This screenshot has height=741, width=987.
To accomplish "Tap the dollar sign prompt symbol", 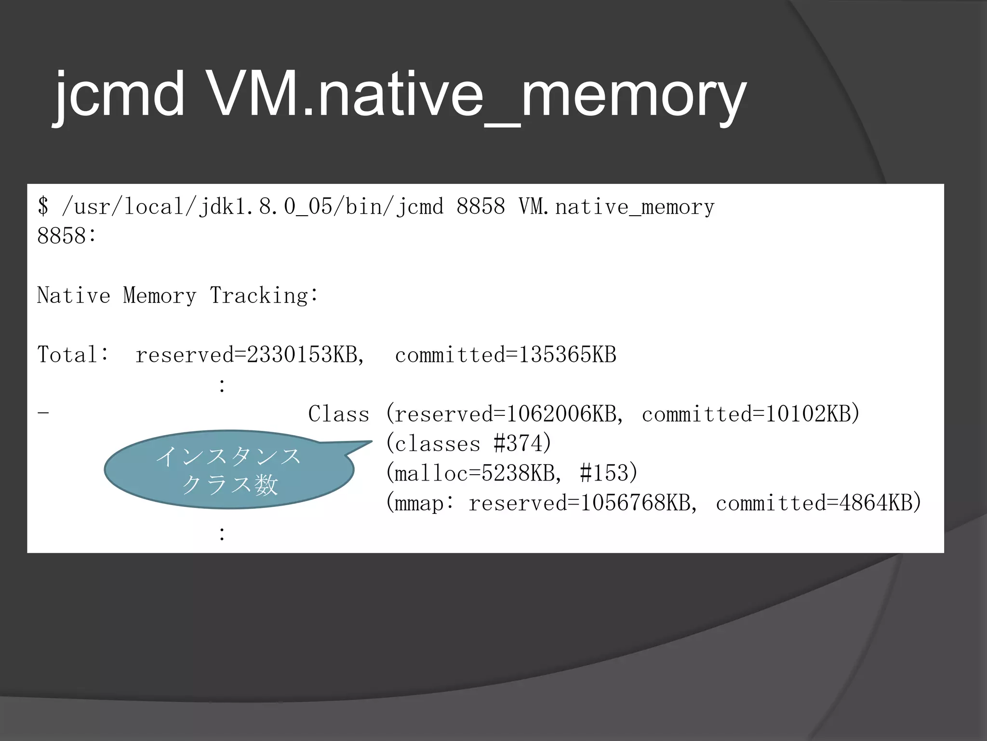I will pyautogui.click(x=43, y=206).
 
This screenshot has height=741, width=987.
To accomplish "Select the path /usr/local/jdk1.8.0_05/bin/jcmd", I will pyautogui.click(x=253, y=207).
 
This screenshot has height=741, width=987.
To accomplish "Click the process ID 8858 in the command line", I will pyautogui.click(x=480, y=206).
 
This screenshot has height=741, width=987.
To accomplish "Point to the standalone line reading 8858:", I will pyautogui.click(x=67, y=236).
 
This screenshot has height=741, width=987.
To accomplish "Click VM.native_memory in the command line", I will pyautogui.click(x=616, y=207).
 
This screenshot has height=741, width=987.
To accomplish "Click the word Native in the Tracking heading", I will pyautogui.click(x=74, y=295).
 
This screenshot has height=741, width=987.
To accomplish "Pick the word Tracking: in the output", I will pyautogui.click(x=264, y=295).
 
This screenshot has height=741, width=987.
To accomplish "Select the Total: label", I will pyautogui.click(x=73, y=355).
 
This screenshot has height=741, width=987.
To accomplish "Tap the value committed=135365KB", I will pyautogui.click(x=506, y=355).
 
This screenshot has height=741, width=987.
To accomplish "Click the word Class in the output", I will pyautogui.click(x=339, y=414).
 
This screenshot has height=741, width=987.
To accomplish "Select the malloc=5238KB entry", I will pyautogui.click(x=474, y=473).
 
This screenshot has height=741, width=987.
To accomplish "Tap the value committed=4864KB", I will pyautogui.click(x=814, y=503).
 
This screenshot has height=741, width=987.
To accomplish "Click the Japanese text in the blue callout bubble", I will pyautogui.click(x=229, y=470).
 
